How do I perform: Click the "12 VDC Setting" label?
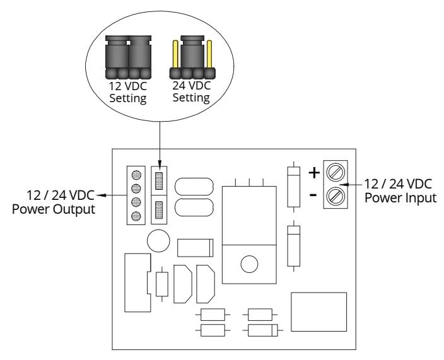click(128, 92)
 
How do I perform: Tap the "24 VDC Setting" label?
click(192, 91)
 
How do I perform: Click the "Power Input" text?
click(400, 197)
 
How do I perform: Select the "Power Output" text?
click(54, 209)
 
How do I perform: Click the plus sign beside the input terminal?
click(314, 173)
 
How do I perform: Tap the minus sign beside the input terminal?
click(313, 195)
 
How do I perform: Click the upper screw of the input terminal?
click(336, 171)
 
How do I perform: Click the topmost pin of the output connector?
click(136, 175)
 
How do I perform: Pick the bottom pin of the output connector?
click(136, 216)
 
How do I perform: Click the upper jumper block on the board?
click(159, 181)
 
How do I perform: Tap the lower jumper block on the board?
click(159, 210)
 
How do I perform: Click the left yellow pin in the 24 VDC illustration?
click(175, 54)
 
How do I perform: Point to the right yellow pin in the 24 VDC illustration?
click(209, 54)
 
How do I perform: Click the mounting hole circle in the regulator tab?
click(249, 264)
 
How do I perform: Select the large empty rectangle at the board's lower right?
click(319, 312)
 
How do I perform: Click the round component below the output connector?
click(158, 241)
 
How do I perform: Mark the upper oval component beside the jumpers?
click(194, 186)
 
